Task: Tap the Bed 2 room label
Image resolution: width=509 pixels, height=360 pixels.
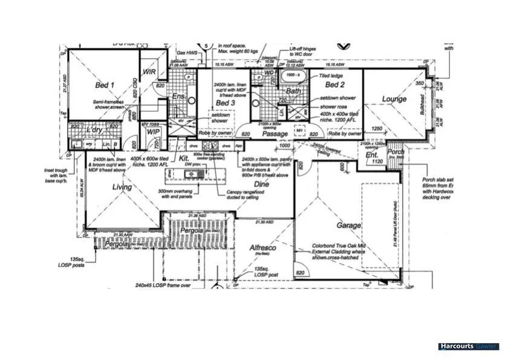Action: click(334, 86)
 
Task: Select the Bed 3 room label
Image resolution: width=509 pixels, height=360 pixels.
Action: click(225, 103)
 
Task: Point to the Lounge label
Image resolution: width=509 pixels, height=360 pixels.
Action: click(394, 99)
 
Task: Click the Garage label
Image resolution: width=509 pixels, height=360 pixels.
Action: click(349, 225)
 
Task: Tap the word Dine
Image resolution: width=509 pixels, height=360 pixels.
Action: click(261, 183)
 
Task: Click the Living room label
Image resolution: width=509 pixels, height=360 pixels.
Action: click(122, 188)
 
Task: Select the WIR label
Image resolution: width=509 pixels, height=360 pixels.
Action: click(149, 71)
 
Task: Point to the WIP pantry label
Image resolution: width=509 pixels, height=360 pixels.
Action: click(152, 131)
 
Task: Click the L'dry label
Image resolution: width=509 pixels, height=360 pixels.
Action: click(94, 130)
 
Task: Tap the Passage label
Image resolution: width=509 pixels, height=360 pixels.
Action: click(274, 134)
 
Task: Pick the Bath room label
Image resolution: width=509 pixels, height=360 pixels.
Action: click(294, 91)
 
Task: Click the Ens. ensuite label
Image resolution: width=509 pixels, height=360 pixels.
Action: click(178, 96)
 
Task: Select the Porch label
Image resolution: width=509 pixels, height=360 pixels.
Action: click(396, 151)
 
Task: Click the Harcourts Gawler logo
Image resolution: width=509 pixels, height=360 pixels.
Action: click(468, 347)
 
